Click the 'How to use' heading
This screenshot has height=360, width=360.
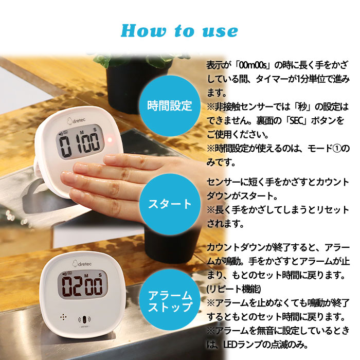179,31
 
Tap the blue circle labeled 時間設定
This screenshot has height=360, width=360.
170,105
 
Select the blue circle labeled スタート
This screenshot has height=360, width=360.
170,204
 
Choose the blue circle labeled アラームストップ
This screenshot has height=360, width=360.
170,300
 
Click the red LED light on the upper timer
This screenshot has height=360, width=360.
110,139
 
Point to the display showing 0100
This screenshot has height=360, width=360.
80,142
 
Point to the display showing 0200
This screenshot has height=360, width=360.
82,284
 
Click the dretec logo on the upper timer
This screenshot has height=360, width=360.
76,120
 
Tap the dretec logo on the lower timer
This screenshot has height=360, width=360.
82,263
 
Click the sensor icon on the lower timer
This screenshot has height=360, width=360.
84,319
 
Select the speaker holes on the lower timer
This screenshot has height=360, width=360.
63,317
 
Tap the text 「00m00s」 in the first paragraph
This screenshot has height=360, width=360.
254,65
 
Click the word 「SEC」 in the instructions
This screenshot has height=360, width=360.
295,121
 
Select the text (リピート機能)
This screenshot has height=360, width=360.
233,289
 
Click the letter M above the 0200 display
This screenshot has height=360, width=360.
86,275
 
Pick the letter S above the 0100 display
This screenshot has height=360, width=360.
95,130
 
